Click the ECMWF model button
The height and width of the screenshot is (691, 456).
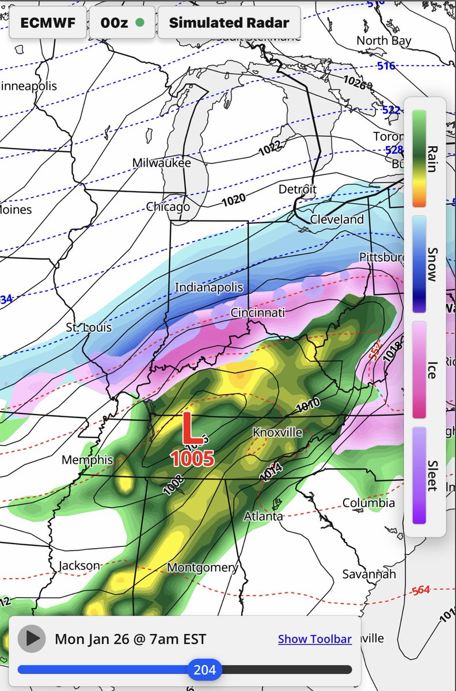coord(48,23)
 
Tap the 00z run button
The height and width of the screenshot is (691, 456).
coord(121,23)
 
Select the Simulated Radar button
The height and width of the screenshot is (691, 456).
coord(229,23)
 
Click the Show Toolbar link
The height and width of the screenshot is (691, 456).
coord(314,639)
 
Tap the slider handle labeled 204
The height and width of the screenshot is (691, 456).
coord(204,669)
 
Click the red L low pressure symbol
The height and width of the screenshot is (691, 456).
coord(192,428)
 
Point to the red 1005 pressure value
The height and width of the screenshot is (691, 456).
coord(192,459)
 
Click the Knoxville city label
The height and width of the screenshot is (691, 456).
coord(277,432)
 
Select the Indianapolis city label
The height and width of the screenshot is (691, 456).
coord(209,287)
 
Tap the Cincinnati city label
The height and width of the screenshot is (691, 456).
coord(257,313)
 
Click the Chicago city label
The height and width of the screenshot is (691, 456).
coord(168,207)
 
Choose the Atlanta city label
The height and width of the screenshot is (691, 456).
coord(263,516)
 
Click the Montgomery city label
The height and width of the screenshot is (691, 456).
coord(202,568)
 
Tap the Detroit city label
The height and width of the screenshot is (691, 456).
coord(297,189)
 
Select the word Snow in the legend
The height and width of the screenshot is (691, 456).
coord(431,264)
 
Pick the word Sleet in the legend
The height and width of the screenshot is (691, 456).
coord(431,475)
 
